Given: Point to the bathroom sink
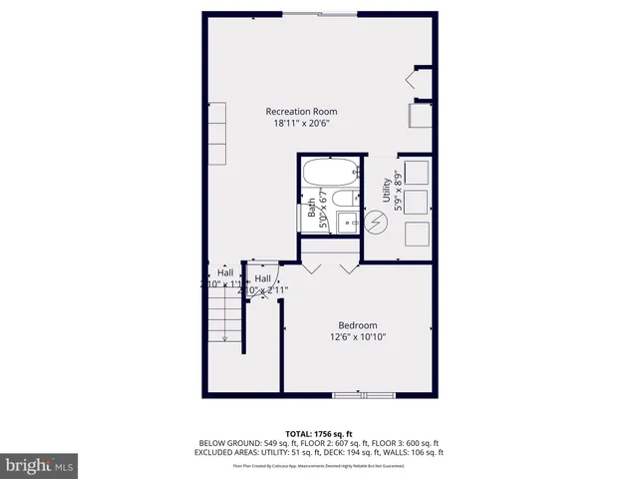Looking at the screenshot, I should tap(348, 222).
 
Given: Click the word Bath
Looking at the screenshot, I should tap(311, 206).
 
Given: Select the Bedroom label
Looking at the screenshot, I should tap(357, 325).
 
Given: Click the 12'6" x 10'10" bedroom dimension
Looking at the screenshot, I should tap(357, 337).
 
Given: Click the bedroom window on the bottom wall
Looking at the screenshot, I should tap(363, 396).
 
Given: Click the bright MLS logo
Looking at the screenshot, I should tap(40, 465).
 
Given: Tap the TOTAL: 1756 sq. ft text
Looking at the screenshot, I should tap(320, 433).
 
